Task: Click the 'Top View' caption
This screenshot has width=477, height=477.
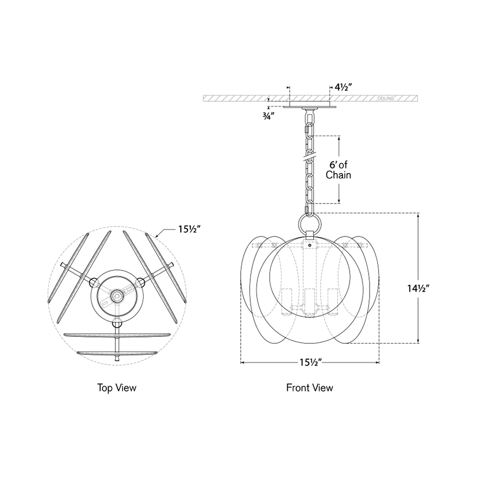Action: (x=117, y=388)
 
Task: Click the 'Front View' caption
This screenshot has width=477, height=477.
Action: (x=310, y=388)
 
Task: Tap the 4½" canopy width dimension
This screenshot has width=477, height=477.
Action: (x=343, y=88)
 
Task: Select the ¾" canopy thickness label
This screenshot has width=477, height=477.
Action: (x=268, y=117)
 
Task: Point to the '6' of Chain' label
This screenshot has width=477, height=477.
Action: (x=339, y=170)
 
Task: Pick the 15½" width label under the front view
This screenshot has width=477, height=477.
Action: (x=310, y=363)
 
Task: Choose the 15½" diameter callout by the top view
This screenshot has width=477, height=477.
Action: (x=189, y=229)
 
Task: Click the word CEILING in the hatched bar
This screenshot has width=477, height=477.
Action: (x=386, y=98)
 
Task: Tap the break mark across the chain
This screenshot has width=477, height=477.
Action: (x=309, y=156)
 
